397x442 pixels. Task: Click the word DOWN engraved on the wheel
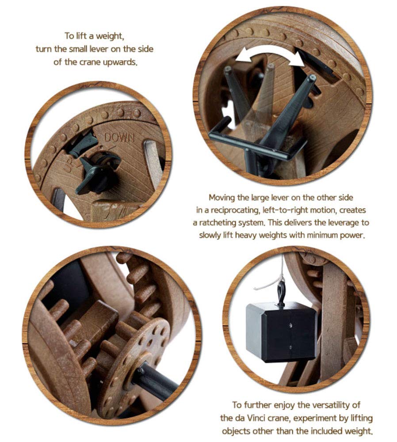(119, 137)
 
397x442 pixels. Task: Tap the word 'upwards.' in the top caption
(120, 62)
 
